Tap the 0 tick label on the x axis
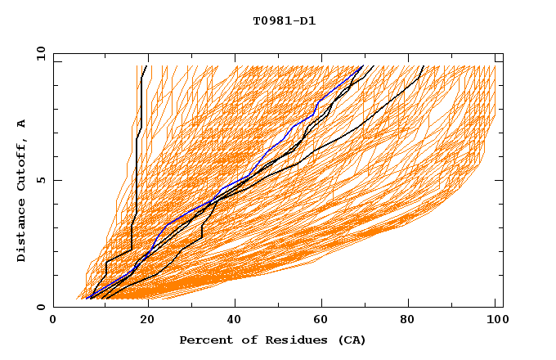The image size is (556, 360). [x=53, y=320]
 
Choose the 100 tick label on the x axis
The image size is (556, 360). [x=495, y=320]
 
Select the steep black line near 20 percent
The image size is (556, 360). [x=140, y=106]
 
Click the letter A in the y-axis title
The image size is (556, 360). [x=22, y=124]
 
